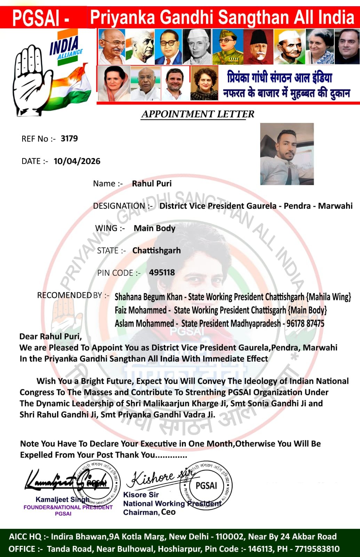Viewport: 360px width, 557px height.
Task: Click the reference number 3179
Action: (x=69, y=139)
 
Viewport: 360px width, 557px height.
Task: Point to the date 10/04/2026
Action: (x=77, y=161)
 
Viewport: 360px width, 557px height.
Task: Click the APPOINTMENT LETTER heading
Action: (x=198, y=114)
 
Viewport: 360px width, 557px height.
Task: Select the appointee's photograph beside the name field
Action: (x=287, y=154)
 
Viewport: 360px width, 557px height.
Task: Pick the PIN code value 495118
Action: (x=162, y=273)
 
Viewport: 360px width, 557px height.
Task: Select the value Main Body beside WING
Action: (x=154, y=228)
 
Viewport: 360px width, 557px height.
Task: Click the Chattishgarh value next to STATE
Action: (x=157, y=251)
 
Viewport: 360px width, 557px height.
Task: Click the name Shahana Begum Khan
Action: (x=149, y=297)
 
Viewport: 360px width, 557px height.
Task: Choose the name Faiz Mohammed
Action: (x=141, y=310)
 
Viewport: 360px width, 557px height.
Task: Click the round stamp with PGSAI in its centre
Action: (x=206, y=485)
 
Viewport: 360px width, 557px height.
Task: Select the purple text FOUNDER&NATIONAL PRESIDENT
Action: (x=68, y=507)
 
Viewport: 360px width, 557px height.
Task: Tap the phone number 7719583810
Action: (x=317, y=549)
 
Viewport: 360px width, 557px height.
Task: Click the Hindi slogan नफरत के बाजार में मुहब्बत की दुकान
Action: (x=286, y=93)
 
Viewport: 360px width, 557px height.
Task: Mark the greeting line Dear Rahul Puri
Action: (x=50, y=336)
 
